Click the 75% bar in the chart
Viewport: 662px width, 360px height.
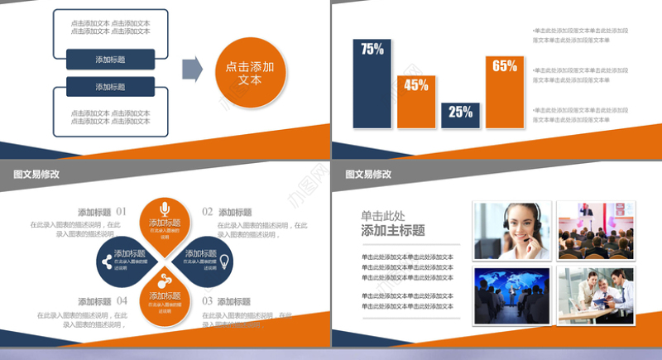[372, 84]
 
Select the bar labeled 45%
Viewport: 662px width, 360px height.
[416, 101]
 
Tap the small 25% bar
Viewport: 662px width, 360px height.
[461, 115]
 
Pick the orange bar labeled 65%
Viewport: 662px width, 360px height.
[505, 91]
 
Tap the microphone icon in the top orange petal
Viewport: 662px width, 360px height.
[165, 208]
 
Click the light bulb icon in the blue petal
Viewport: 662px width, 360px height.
[224, 262]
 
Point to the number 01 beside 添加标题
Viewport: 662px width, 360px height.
[122, 212]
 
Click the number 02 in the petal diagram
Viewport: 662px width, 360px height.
[208, 212]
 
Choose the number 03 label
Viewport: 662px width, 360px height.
[208, 301]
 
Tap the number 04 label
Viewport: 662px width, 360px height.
[122, 301]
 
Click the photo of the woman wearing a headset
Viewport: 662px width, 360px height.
[512, 231]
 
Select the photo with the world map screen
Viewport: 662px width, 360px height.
[512, 295]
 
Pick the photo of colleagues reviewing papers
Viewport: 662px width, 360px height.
[595, 295]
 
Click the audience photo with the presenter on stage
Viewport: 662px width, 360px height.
[595, 231]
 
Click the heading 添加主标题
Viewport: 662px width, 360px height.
[393, 231]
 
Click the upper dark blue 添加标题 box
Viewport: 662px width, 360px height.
[110, 60]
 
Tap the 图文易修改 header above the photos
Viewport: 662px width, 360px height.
[368, 175]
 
